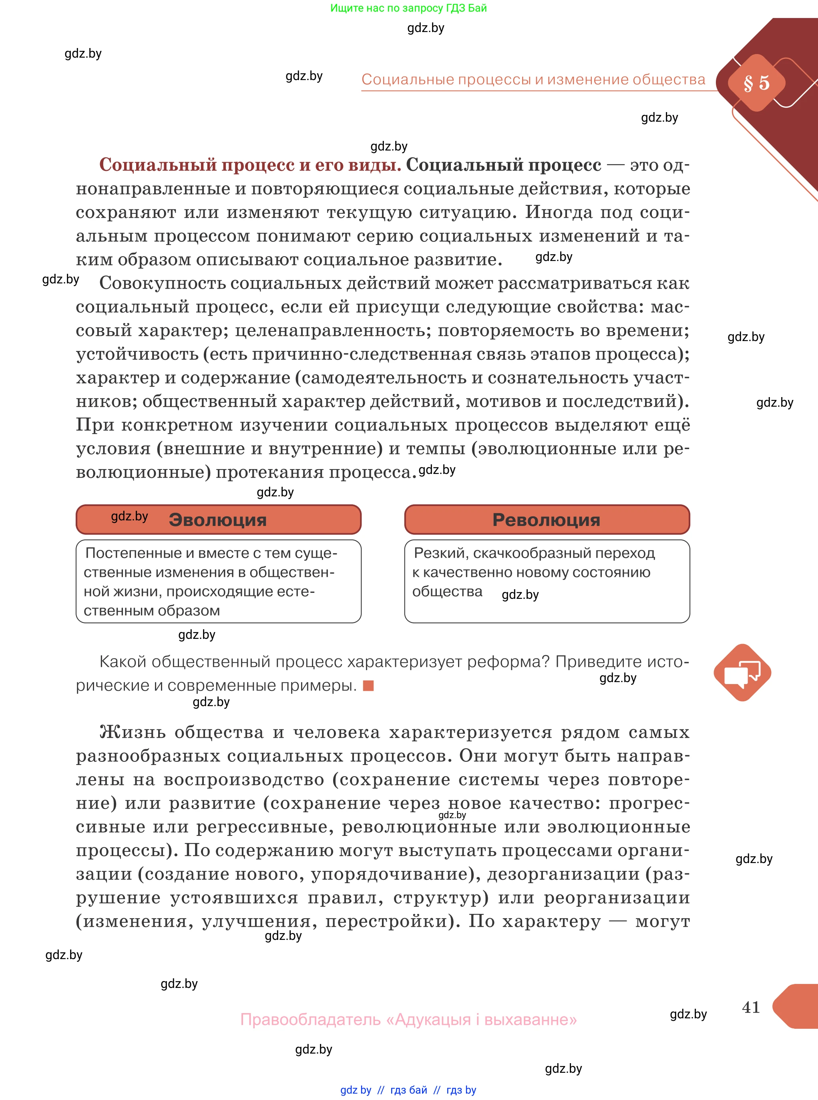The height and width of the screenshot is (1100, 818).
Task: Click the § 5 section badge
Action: click(756, 83)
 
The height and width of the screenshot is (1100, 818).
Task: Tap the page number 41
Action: click(751, 1006)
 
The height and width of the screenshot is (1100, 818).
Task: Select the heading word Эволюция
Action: click(217, 520)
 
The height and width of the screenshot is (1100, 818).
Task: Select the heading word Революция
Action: click(546, 520)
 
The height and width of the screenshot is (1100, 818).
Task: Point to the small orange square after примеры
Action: click(368, 686)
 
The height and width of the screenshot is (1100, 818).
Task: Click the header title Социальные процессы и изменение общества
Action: click(533, 79)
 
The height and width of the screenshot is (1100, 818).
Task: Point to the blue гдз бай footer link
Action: click(408, 1090)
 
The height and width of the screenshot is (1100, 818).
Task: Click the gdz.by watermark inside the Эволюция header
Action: click(129, 516)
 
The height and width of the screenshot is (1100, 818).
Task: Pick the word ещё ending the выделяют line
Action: click(672, 425)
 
